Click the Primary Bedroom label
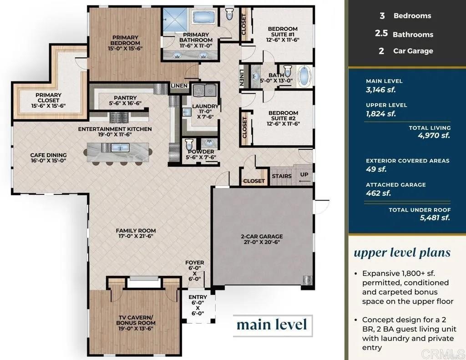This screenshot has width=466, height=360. (125, 40)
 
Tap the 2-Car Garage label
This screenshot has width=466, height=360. (262, 236)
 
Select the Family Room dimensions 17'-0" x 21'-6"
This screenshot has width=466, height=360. (136, 236)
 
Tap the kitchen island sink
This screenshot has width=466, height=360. (120, 147)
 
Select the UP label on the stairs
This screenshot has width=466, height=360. (304, 174)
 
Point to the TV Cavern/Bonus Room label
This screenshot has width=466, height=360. (136, 320)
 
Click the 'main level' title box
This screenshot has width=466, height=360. (273, 325)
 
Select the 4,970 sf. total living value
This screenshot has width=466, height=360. (434, 136)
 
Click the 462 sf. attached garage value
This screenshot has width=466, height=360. (378, 193)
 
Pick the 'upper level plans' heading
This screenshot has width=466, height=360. (402, 253)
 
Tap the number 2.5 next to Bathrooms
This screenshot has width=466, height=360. (381, 33)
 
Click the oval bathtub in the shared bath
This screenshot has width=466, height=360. (304, 76)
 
